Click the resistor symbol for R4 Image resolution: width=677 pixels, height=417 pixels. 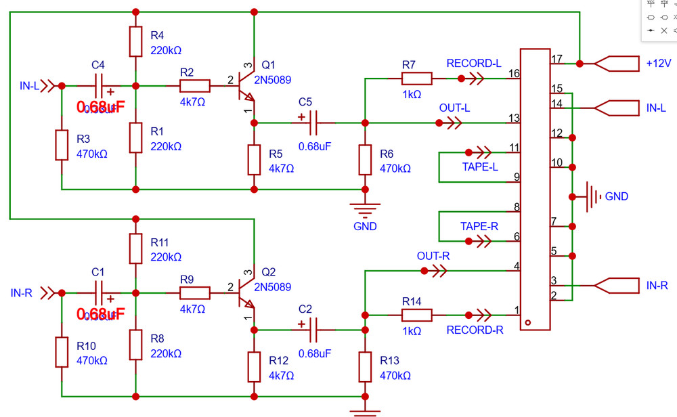136,42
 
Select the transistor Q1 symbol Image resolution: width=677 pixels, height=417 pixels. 246,86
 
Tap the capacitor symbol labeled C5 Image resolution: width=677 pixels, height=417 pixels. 312,123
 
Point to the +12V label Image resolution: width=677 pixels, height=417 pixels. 658,63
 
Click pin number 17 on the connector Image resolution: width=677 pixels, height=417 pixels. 557,59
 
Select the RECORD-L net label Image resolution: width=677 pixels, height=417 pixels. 474,63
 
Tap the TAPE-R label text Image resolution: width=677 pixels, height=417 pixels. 479,226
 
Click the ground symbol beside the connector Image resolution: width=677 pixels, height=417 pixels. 593,196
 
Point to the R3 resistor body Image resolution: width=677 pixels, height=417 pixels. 62,145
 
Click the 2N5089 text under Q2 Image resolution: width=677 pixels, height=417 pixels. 272,287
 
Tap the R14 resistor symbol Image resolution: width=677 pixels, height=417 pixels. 417,315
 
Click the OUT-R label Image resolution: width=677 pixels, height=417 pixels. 434,256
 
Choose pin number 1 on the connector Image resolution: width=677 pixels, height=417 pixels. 517,311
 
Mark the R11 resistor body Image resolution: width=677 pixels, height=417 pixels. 136,249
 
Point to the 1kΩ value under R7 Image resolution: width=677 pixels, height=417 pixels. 412,95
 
